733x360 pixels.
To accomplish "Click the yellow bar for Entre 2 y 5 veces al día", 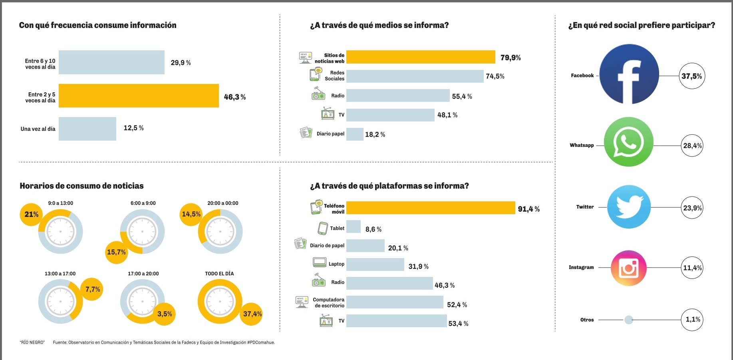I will [139, 96].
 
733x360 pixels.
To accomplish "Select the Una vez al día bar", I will [87, 129].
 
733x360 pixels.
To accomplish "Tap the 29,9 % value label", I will [181, 63].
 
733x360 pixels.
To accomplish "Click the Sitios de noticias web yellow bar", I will [420, 57].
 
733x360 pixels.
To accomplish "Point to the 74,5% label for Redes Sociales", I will [495, 76].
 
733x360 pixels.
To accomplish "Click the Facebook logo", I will [629, 74].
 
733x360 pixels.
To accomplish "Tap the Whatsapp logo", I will [628, 142].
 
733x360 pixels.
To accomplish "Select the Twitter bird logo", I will [629, 207].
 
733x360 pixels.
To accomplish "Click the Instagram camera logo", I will [628, 268].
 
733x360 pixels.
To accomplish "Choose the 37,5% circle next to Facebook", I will [691, 76].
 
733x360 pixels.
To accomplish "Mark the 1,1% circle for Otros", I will [693, 319].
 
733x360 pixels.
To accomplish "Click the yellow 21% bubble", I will [31, 215].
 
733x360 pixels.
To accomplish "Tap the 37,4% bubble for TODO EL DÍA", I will [252, 314].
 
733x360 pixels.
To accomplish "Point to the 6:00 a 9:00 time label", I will [143, 203].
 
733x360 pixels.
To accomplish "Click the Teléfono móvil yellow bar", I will [431, 208].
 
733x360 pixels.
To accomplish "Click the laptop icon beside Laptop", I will [320, 263].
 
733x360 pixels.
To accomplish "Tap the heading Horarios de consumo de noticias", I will [81, 186].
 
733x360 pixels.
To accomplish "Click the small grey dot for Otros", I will [628, 320].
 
